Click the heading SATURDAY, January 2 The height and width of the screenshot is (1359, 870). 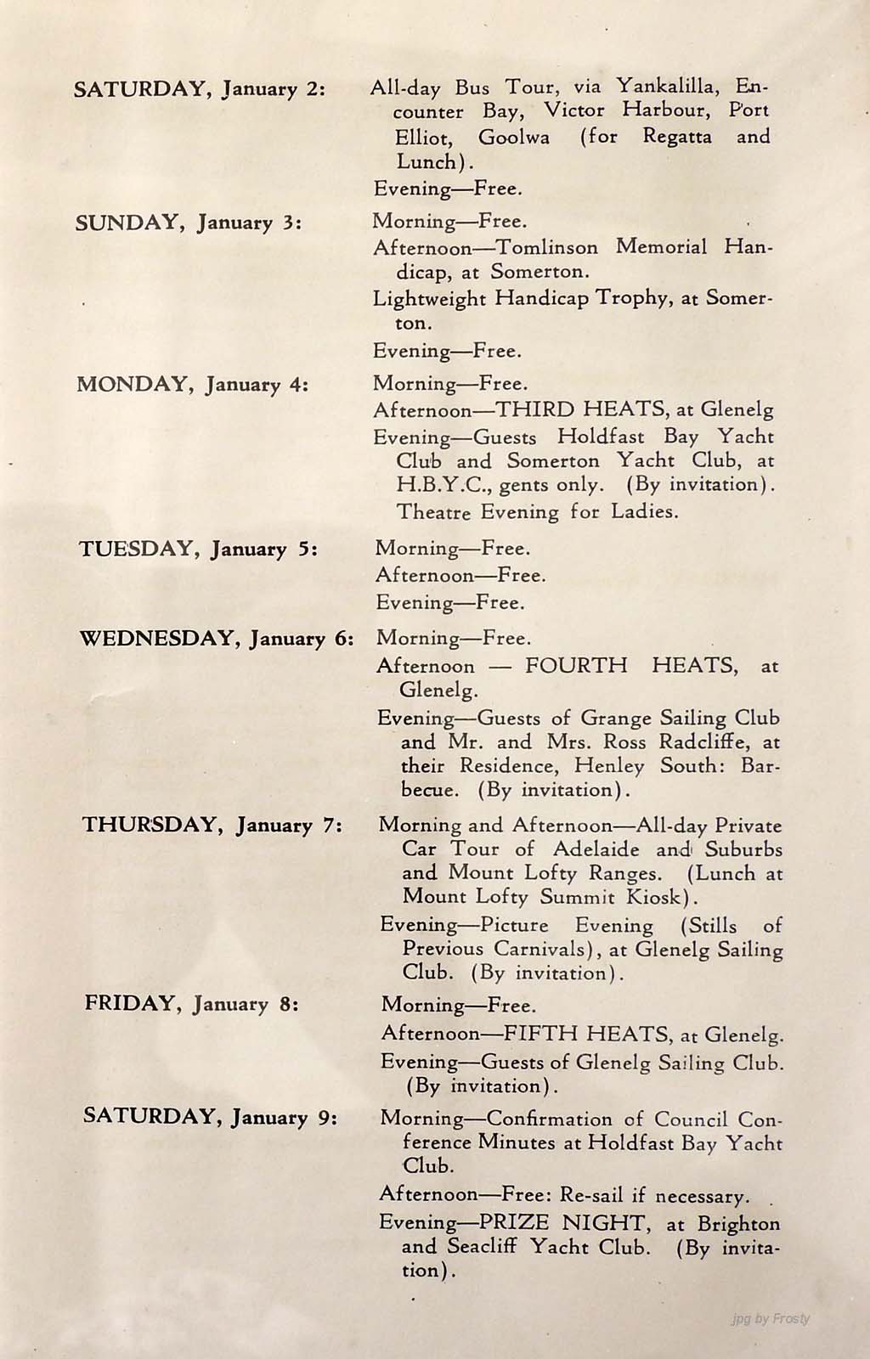tap(200, 89)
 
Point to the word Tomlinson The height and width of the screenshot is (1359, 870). tap(546, 247)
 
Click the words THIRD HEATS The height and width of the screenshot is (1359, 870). tap(581, 409)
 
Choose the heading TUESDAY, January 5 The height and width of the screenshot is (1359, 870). tap(199, 549)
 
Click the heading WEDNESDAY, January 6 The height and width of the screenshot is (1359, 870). tap(217, 639)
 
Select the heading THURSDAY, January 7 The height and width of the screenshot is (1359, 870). tap(212, 825)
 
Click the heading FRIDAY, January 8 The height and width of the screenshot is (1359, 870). tap(191, 1004)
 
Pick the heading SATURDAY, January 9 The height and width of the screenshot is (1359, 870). tap(210, 1116)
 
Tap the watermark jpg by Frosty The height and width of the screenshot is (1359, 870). tap(770, 1319)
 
